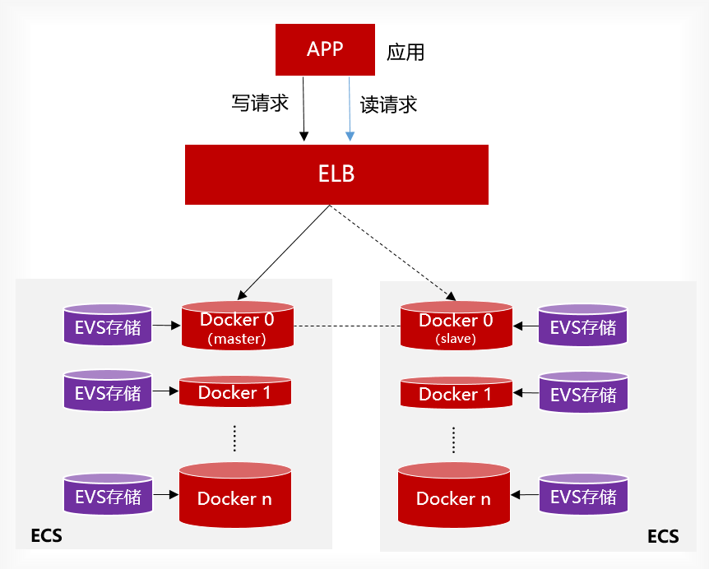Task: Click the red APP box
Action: [324, 49]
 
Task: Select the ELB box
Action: [336, 174]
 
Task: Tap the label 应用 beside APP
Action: [405, 53]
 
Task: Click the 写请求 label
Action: [260, 104]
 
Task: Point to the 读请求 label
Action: [389, 104]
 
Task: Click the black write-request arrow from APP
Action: [304, 107]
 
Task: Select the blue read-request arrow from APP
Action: [350, 107]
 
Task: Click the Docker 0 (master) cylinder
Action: [237, 326]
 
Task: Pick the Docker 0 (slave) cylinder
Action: [456, 326]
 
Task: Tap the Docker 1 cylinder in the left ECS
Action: [234, 393]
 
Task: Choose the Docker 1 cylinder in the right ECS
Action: [455, 394]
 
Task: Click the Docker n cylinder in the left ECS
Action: [234, 495]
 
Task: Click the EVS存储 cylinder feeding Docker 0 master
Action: [108, 326]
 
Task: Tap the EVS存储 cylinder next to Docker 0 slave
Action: [582, 327]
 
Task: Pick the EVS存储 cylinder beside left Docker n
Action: [108, 496]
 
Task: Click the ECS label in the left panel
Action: [46, 537]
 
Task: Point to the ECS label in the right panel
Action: [663, 537]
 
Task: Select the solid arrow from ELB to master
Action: [284, 251]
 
